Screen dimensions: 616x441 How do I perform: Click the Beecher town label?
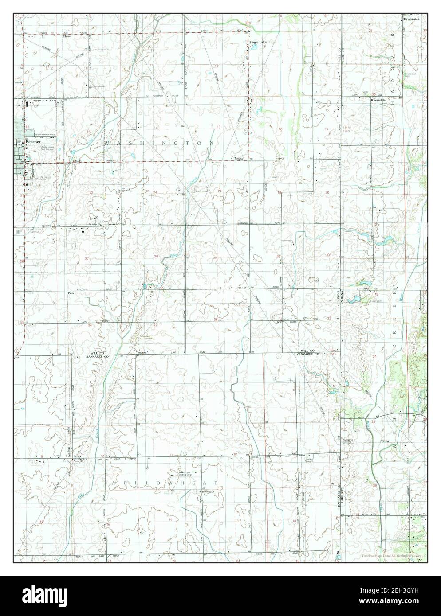pyautogui.click(x=34, y=142)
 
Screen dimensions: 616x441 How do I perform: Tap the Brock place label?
pyautogui.click(x=77, y=456)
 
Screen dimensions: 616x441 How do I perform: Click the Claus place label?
pyautogui.click(x=67, y=36)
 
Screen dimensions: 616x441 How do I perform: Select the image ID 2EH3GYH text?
pyautogui.click(x=390, y=591)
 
